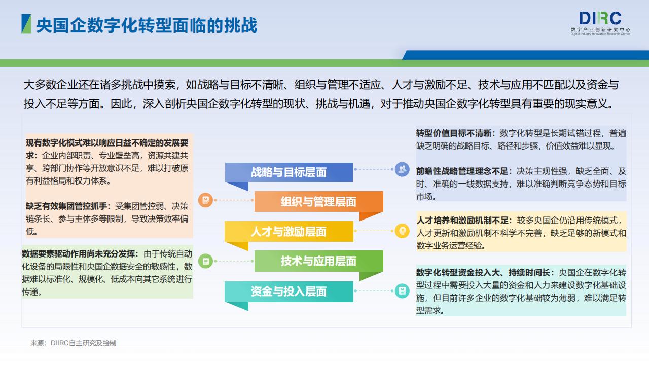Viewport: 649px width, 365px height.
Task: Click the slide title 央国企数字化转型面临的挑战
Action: coord(147,25)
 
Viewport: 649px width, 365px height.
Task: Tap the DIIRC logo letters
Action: coord(600,18)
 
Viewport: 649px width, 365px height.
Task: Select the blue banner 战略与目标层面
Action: coord(289,172)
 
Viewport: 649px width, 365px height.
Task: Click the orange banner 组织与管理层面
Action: coord(319,202)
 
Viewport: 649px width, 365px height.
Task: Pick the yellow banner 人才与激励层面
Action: coord(289,231)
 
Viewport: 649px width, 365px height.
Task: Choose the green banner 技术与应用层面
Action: coord(319,261)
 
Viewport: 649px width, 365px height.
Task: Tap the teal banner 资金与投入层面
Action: coord(289,291)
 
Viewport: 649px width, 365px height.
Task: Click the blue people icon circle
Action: coord(402,169)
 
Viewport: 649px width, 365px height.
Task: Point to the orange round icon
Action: coord(206,200)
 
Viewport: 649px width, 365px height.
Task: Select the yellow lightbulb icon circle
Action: coord(402,231)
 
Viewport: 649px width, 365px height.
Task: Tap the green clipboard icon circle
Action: coord(206,261)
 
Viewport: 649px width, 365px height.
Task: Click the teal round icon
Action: coord(402,291)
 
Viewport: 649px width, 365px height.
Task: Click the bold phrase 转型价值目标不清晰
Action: coord(454,133)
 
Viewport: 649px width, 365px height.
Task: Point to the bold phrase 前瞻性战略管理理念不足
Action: coord(462,171)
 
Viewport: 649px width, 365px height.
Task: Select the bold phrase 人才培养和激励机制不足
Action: coord(463,221)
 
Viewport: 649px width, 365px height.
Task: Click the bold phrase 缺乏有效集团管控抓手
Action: coord(66,206)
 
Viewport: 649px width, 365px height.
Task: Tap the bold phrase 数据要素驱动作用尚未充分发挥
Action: coord(79,254)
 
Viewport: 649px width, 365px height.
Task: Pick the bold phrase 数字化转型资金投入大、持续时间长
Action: coord(483,273)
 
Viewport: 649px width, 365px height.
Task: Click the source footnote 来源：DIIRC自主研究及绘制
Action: coord(74,343)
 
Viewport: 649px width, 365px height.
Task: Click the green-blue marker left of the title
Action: coord(26,24)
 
